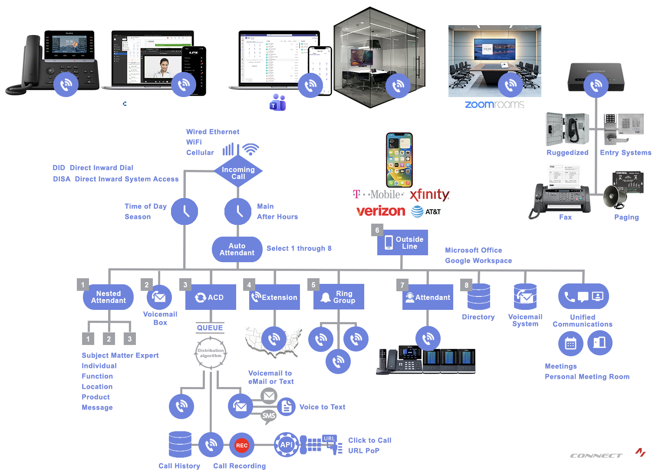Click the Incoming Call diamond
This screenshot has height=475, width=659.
pyautogui.click(x=238, y=172)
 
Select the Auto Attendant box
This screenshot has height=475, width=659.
pyautogui.click(x=237, y=249)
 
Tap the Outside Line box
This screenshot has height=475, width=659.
pyautogui.click(x=402, y=243)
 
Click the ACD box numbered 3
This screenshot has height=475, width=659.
pyautogui.click(x=211, y=297)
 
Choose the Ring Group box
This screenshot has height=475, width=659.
pyautogui.click(x=339, y=297)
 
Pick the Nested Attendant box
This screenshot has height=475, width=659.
pyautogui.click(x=108, y=297)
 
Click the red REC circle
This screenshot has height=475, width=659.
pyautogui.click(x=241, y=445)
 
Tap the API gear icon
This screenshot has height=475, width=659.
pyautogui.click(x=287, y=445)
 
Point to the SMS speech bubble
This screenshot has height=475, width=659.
pyautogui.click(x=269, y=416)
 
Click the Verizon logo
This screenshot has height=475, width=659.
pyautogui.click(x=381, y=211)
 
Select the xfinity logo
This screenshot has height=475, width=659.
pyautogui.click(x=429, y=195)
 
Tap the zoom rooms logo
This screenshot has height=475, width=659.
pyautogui.click(x=494, y=104)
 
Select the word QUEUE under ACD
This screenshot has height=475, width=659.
pyautogui.click(x=210, y=328)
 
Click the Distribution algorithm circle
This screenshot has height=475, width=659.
pyautogui.click(x=211, y=353)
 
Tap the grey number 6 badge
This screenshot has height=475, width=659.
pyautogui.click(x=377, y=230)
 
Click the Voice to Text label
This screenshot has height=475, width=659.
pyautogui.click(x=322, y=407)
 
